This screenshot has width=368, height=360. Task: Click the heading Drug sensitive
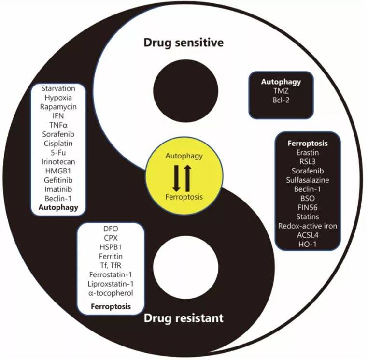coord(184,43)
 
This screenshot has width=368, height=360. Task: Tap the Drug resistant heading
coord(184,318)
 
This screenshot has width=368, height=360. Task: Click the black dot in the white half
coord(185,91)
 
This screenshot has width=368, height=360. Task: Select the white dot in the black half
coord(185,267)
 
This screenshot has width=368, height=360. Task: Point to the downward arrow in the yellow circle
coord(176,178)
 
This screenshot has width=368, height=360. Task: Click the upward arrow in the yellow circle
coord(187,178)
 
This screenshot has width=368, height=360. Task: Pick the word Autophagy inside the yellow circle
coord(184,156)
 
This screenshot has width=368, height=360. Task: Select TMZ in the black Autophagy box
coord(281,91)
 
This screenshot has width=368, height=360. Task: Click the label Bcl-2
coord(281,100)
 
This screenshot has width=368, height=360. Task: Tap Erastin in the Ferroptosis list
coord(308,153)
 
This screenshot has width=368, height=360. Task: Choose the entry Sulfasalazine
coord(308,180)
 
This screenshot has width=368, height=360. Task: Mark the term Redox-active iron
coord(308,226)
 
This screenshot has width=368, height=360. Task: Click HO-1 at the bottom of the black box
coord(308,244)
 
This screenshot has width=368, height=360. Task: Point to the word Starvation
coord(58,88)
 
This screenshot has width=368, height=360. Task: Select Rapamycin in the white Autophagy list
coord(58,107)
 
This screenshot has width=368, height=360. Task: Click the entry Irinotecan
coord(58,162)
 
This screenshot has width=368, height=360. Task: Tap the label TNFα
coord(58,125)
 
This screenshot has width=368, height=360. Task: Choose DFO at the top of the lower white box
coord(111,229)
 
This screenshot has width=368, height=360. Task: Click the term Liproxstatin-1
coord(111,284)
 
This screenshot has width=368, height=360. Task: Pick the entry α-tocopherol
coord(111,293)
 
